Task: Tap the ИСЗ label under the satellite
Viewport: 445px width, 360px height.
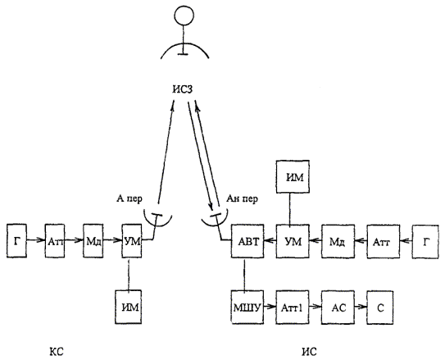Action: pyautogui.click(x=182, y=89)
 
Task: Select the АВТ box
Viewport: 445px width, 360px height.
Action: pyautogui.click(x=247, y=241)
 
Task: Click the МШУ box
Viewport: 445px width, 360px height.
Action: pyautogui.click(x=247, y=308)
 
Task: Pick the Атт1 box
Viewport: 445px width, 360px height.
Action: pyautogui.click(x=293, y=308)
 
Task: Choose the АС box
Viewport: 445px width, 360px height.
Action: pyautogui.click(x=338, y=308)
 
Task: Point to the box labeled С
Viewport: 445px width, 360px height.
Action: pyautogui.click(x=380, y=308)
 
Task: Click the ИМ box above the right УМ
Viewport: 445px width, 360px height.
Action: pyautogui.click(x=293, y=176)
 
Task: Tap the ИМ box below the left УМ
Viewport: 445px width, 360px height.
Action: pyautogui.click(x=129, y=307)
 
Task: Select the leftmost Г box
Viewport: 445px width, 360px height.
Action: pyautogui.click(x=16, y=241)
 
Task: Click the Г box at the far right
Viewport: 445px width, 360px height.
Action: pyautogui.click(x=425, y=242)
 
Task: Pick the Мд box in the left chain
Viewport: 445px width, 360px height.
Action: pyautogui.click(x=93, y=241)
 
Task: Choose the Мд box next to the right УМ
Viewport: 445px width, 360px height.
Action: pyautogui.click(x=338, y=242)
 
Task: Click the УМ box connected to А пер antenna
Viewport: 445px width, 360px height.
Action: pyautogui.click(x=132, y=241)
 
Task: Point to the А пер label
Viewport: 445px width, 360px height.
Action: pyautogui.click(x=129, y=198)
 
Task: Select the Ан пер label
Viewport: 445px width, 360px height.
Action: pyautogui.click(x=242, y=198)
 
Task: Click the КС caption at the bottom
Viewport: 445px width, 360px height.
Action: pyautogui.click(x=57, y=352)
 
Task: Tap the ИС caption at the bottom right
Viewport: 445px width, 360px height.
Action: pyautogui.click(x=309, y=352)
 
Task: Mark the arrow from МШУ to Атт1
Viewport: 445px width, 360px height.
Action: pyautogui.click(x=270, y=307)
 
